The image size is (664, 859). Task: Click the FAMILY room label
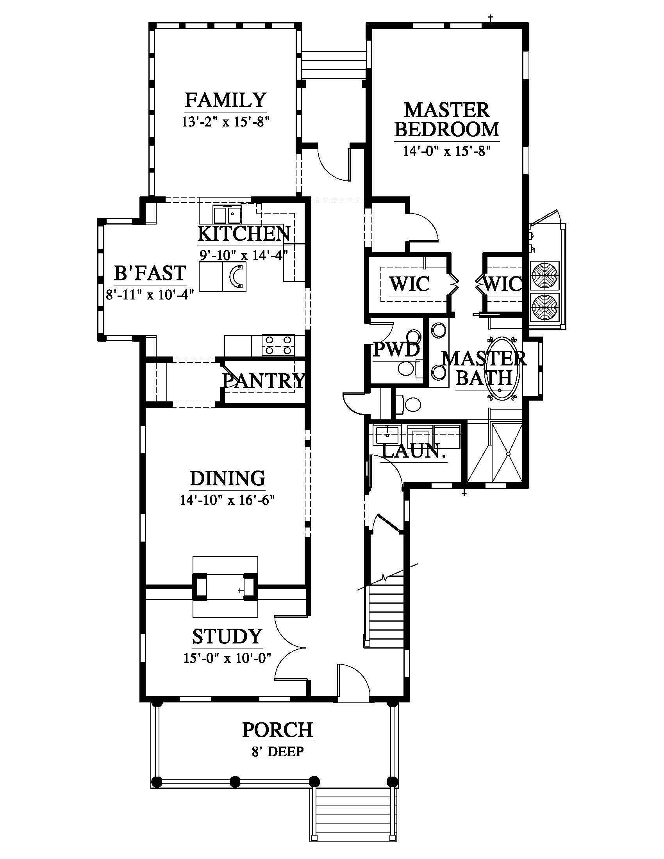(226, 100)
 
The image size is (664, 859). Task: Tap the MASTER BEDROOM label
(447, 119)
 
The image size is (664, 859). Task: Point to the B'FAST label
(150, 273)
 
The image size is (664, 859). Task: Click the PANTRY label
(264, 381)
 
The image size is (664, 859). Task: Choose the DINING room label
(227, 478)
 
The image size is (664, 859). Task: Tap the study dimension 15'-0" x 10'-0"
(228, 658)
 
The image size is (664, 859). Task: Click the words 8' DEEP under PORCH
(278, 752)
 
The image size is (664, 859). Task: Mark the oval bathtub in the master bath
(503, 369)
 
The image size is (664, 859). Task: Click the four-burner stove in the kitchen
(278, 345)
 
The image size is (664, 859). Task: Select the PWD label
(396, 349)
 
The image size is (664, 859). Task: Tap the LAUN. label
(414, 451)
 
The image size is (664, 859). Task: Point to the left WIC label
(409, 284)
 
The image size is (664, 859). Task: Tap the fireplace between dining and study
(225, 587)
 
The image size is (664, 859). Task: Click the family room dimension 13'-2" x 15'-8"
(225, 122)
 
